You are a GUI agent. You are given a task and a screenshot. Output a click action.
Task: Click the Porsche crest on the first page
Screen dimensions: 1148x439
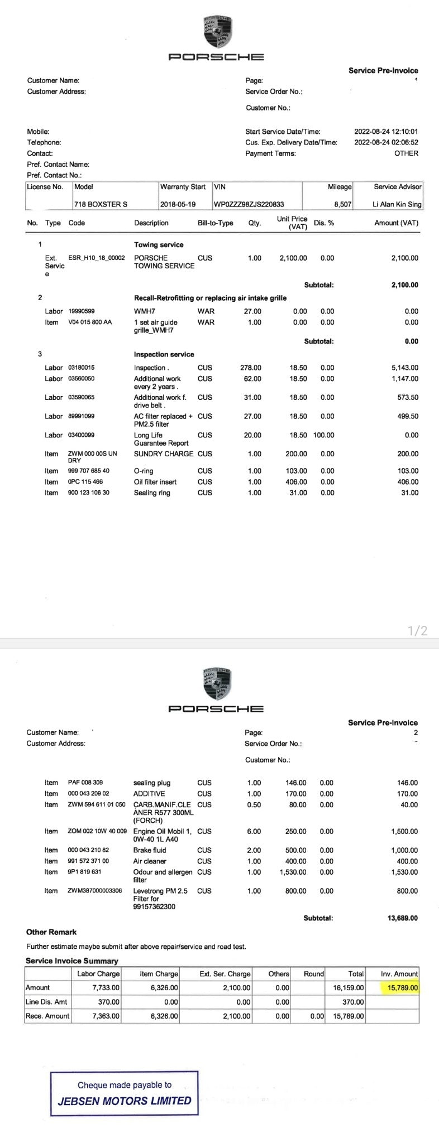click(x=217, y=32)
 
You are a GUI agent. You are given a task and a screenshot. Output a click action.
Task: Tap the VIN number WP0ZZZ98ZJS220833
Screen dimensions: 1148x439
click(x=249, y=205)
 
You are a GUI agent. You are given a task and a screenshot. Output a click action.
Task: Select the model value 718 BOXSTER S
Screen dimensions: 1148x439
click(x=101, y=205)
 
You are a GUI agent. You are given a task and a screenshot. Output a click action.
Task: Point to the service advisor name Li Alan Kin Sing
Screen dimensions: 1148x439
click(x=397, y=205)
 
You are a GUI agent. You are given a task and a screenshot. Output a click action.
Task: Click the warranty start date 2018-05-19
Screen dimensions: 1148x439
click(x=178, y=205)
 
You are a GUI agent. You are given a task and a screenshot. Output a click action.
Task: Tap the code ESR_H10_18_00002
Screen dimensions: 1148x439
click(x=96, y=258)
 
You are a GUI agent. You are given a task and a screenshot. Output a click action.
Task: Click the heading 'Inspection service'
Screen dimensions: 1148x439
click(x=164, y=354)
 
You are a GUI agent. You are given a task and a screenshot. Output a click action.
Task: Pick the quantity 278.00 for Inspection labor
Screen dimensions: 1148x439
click(x=251, y=368)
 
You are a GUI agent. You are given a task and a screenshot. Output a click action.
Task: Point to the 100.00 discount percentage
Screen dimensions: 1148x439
click(x=323, y=435)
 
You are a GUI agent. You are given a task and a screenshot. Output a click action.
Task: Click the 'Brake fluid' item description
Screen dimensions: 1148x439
click(x=149, y=850)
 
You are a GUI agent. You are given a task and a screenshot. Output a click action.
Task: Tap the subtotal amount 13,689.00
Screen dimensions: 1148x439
click(x=402, y=918)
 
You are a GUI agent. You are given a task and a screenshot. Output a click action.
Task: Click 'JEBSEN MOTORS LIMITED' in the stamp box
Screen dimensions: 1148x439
click(x=125, y=1101)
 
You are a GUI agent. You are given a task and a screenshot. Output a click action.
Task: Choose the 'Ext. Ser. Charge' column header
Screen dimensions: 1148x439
click(x=225, y=974)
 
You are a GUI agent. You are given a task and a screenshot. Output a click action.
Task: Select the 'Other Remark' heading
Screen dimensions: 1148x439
click(x=51, y=932)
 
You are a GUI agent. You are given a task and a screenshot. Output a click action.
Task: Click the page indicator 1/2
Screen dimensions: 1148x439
click(x=417, y=631)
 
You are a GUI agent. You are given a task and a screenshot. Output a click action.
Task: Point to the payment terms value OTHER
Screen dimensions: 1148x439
click(x=406, y=153)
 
